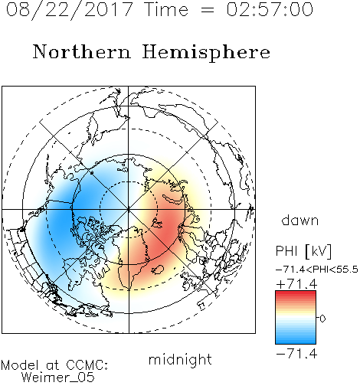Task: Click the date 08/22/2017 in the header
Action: point(69,9)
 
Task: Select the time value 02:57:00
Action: point(270,9)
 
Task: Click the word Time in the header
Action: point(166,9)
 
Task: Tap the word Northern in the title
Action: point(82,52)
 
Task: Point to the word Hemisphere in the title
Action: point(206,52)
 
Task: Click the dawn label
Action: point(300,220)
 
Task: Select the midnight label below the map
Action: point(180,359)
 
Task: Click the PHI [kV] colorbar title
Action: point(303,251)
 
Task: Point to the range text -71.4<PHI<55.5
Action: point(317,270)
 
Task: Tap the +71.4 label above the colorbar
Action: point(296,284)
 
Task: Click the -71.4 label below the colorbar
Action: point(296,354)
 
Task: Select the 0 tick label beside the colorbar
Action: point(322,319)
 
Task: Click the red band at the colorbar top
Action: point(296,293)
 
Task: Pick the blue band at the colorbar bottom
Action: point(296,342)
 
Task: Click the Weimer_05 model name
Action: point(57,378)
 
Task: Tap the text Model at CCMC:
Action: point(54,365)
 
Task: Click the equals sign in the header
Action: point(207,10)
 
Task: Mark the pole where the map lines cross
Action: point(129,210)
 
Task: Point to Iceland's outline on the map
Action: point(157,270)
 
